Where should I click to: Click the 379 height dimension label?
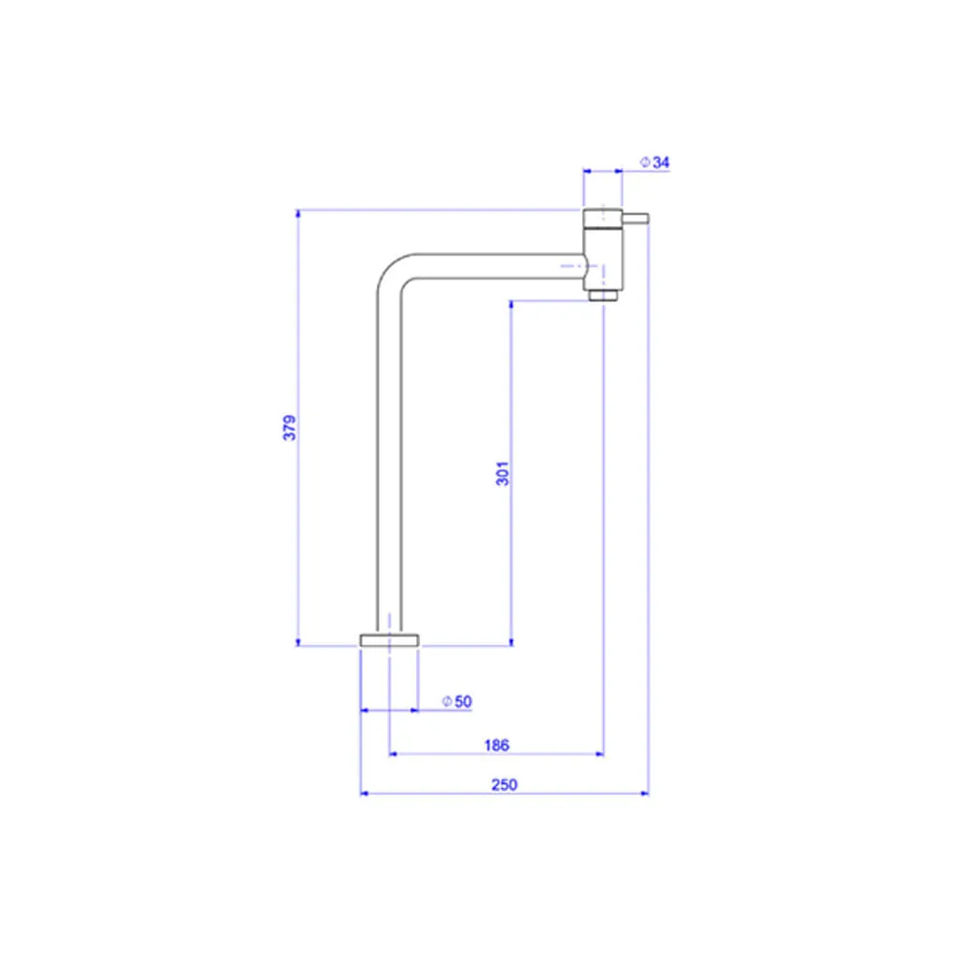coord(290,427)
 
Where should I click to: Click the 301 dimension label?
coord(503,473)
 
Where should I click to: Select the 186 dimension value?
coord(496,745)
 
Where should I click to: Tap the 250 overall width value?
coord(505,785)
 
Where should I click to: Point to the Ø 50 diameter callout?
coord(457,701)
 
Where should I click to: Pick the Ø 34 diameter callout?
coord(654,162)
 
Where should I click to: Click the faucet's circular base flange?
coord(389,640)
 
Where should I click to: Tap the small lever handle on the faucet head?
coord(635,218)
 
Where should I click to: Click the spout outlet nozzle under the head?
coord(603,295)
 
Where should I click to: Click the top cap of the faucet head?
coord(603,218)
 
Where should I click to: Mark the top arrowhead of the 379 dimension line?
coord(298,214)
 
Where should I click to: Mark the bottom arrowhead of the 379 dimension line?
coord(298,641)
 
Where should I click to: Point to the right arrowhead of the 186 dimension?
coord(599,754)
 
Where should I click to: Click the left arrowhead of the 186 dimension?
coord(394,754)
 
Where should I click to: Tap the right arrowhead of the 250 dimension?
coord(644,794)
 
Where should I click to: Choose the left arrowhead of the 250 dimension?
coord(365,794)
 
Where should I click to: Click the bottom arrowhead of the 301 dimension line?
coord(511,641)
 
